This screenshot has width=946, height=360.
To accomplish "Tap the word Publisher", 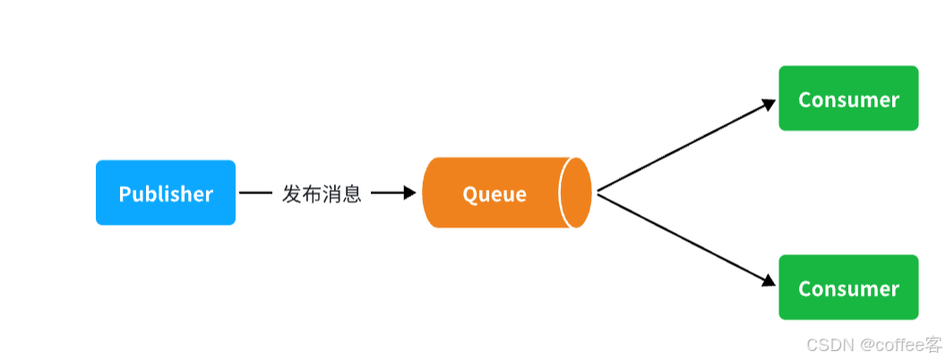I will [x=166, y=193].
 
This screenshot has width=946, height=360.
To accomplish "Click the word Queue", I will [x=494, y=193].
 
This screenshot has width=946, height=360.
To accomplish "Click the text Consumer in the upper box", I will [x=848, y=99].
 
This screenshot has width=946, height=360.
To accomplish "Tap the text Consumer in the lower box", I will [x=848, y=288].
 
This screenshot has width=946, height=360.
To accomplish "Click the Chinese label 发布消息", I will [x=322, y=193].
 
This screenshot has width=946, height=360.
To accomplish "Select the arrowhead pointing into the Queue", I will [x=410, y=193].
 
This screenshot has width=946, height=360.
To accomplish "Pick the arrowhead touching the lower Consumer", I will [x=769, y=281].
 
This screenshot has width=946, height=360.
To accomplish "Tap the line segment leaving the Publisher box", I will [x=255, y=193].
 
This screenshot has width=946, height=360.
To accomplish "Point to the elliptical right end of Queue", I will [x=576, y=193].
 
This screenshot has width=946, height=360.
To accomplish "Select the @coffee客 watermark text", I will [x=900, y=345].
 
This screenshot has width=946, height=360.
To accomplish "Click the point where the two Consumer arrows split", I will [x=598, y=193].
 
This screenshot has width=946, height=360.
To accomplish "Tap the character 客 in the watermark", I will [x=933, y=345].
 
